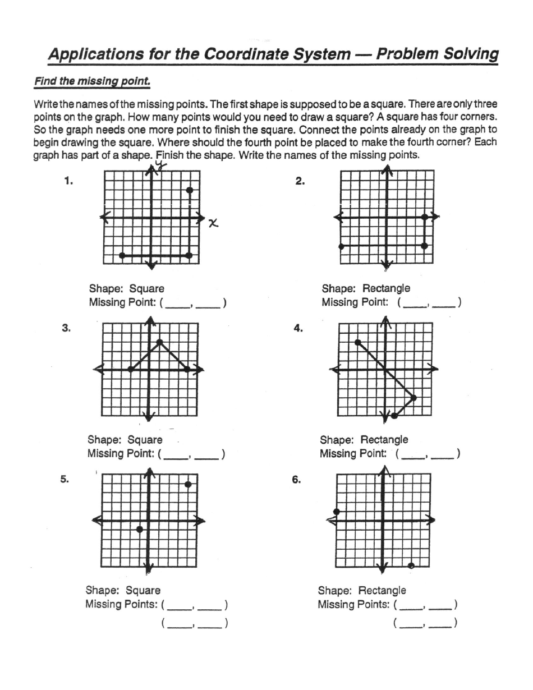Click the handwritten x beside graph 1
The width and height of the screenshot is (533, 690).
pyautogui.click(x=213, y=223)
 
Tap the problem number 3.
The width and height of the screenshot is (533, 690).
pyautogui.click(x=66, y=329)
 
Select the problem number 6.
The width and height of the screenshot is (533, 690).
pyautogui.click(x=296, y=480)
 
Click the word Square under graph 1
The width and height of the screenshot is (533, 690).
pyautogui.click(x=147, y=289)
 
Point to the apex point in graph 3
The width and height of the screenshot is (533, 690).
pyautogui.click(x=160, y=342)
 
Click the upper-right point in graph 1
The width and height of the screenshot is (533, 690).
pyautogui.click(x=190, y=190)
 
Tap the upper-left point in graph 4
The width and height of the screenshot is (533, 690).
pyautogui.click(x=357, y=342)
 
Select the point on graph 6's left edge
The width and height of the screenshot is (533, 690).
pyautogui.click(x=336, y=512)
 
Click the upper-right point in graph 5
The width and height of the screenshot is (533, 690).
pyautogui.click(x=188, y=484)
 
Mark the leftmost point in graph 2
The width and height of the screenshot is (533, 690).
pyautogui.click(x=341, y=246)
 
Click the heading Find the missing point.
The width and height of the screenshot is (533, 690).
pyautogui.click(x=92, y=81)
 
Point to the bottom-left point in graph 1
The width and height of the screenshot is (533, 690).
pyautogui.click(x=122, y=256)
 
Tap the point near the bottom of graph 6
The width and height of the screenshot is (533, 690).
pyautogui.click(x=411, y=566)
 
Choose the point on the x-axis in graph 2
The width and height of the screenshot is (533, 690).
pyautogui.click(x=425, y=217)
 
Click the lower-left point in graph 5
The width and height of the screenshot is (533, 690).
pyautogui.click(x=140, y=529)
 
